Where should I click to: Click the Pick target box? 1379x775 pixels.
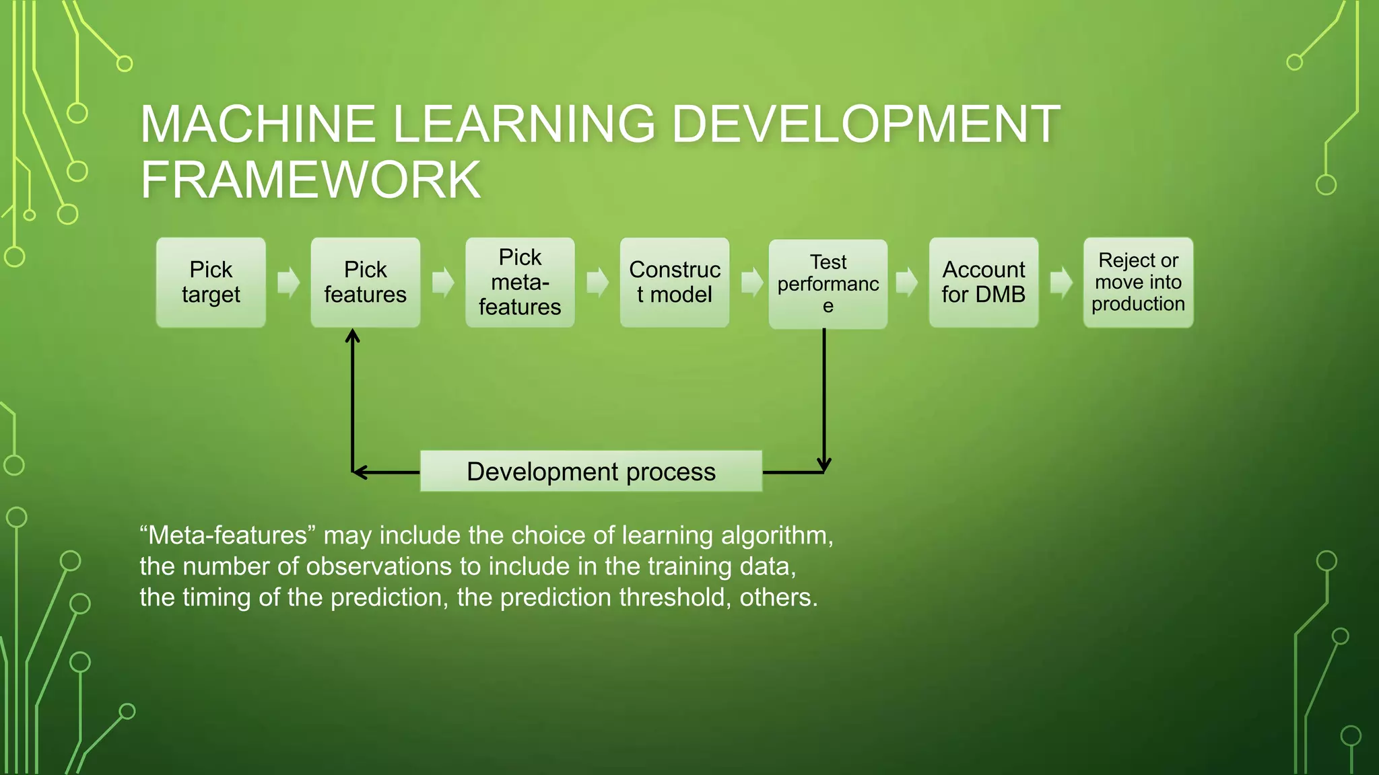click(211, 283)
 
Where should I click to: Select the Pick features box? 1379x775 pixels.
click(366, 283)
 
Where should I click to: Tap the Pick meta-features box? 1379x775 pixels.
click(520, 283)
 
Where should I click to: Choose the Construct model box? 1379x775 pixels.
click(675, 283)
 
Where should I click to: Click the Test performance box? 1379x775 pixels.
click(828, 284)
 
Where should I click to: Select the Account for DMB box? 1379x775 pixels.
click(984, 283)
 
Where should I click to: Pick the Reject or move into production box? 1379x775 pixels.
click(1138, 283)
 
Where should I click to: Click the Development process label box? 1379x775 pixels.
click(591, 472)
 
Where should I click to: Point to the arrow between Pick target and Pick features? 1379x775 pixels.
click(288, 283)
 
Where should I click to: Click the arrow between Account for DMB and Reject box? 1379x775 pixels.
click(1061, 283)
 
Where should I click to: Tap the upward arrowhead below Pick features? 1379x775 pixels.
click(352, 336)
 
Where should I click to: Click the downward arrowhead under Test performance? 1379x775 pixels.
click(824, 464)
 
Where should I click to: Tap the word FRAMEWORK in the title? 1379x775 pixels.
click(310, 180)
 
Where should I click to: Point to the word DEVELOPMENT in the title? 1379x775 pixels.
click(866, 124)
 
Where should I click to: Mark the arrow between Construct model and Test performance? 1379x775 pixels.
click(751, 283)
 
